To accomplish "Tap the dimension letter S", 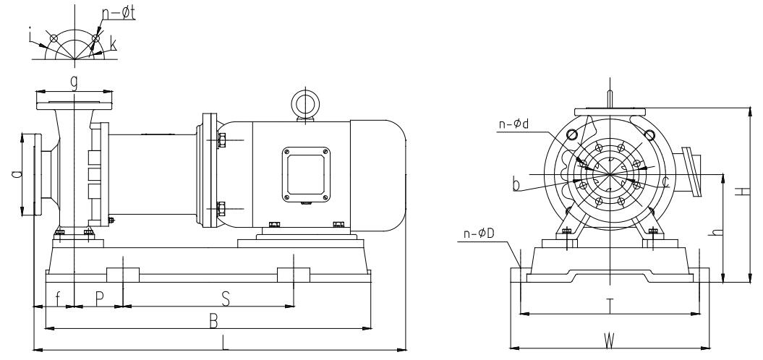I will click(x=225, y=298).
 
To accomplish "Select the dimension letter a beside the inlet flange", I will click(x=16, y=174).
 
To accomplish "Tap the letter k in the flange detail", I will click(x=113, y=46).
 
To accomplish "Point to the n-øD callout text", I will click(x=478, y=234).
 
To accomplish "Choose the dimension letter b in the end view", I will click(x=516, y=186).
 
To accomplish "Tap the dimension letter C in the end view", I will click(x=665, y=183).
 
